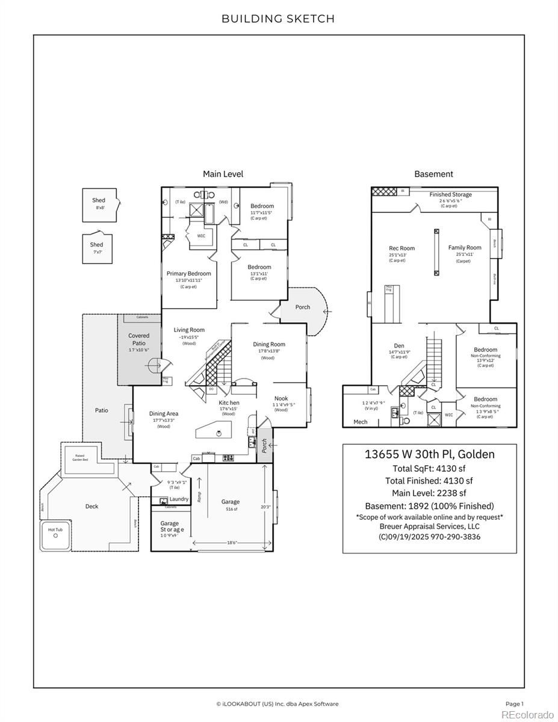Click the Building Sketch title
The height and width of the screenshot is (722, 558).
pos(278,19)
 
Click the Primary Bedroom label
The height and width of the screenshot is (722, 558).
pos(188,274)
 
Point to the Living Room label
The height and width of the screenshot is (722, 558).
pos(189,330)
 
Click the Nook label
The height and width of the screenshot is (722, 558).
pos(281,398)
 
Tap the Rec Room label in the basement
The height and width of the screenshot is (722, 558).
pos(401,248)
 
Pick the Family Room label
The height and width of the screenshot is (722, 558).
pos(465,247)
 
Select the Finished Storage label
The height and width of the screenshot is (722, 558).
pos(450,195)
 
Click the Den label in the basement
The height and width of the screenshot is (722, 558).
pos(398,346)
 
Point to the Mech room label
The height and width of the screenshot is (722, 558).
pos(360,422)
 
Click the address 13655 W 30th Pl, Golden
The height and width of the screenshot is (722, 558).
pos(429,454)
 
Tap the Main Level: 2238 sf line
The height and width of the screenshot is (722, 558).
pos(429,493)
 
